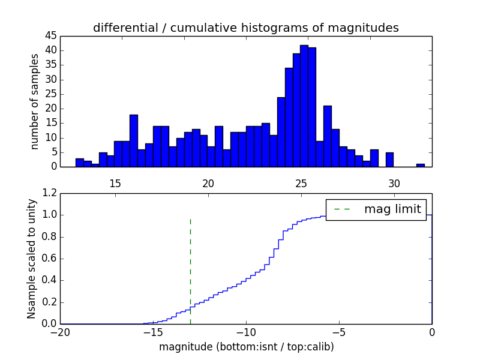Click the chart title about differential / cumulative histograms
[245, 28]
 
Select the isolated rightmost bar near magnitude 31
[420, 165]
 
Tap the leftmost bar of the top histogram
[79, 163]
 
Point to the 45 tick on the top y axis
[51, 35]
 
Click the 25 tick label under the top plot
[301, 182]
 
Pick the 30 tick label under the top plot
[394, 182]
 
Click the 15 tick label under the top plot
[115, 182]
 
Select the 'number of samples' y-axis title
[35, 101]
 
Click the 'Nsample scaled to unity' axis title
[32, 259]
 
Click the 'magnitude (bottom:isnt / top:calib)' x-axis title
[246, 347]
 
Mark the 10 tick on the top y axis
[51, 137]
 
